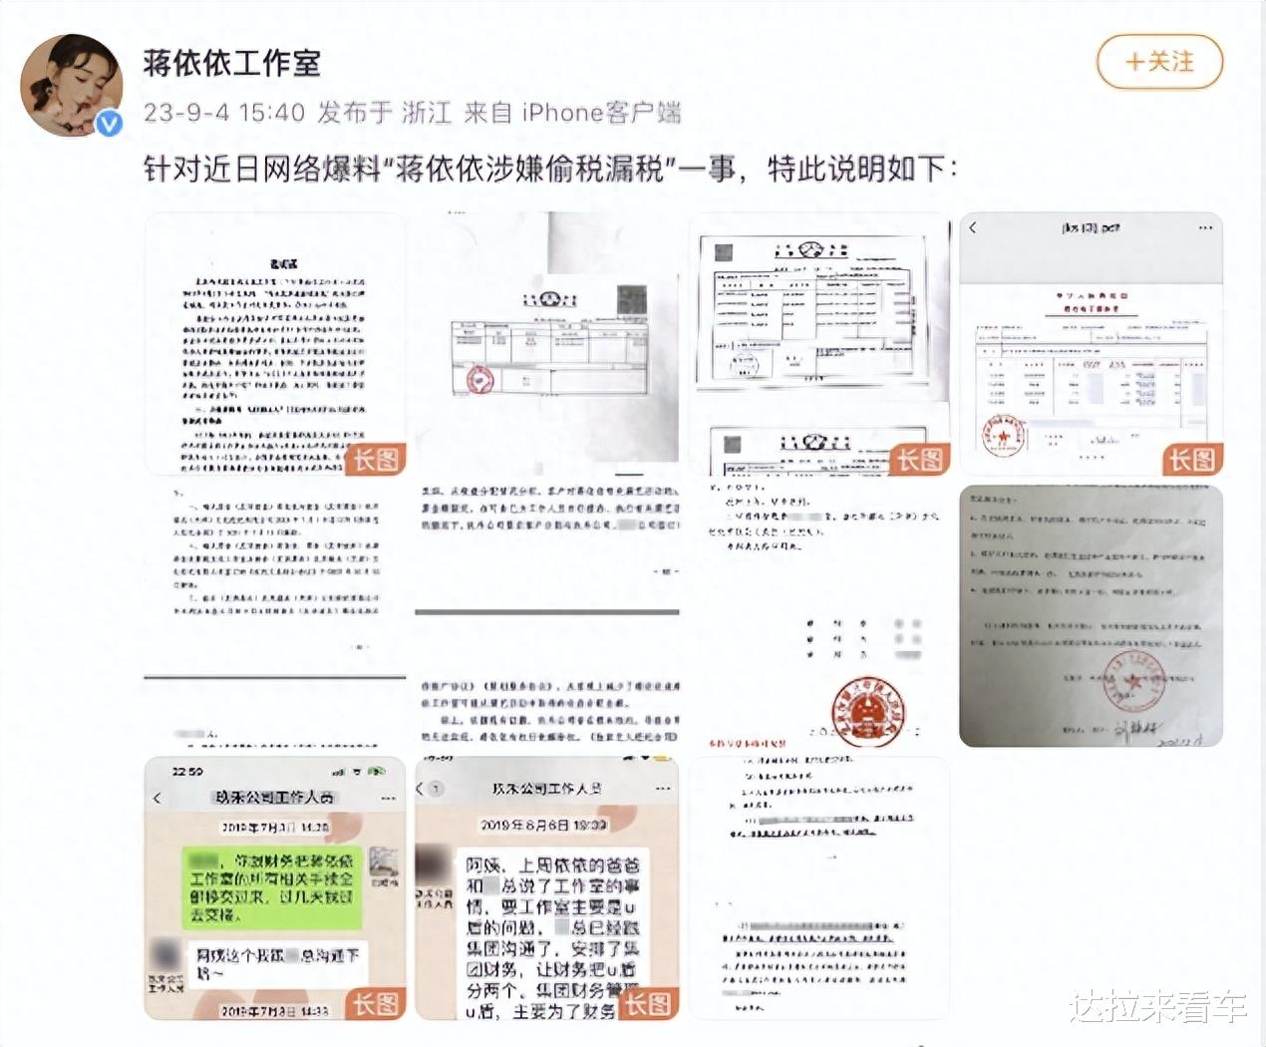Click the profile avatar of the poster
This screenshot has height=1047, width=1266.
coord(71,85)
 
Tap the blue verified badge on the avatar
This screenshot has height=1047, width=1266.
coord(109,123)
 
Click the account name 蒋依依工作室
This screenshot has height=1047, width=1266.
coord(231,63)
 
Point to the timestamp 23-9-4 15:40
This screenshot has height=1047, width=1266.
coord(223,112)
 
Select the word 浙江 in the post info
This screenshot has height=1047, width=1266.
coord(427,112)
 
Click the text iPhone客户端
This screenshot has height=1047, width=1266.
coord(601,112)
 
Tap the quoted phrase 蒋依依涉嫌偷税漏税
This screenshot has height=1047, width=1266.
coord(529,169)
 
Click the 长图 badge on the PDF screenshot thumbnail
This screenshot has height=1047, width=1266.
coord(1191,459)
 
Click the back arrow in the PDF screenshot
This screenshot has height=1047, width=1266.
coord(973,228)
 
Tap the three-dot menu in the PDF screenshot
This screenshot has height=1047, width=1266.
coord(1206,228)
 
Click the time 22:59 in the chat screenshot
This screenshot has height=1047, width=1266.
coord(187,771)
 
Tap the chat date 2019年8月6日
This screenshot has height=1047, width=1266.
coord(543,825)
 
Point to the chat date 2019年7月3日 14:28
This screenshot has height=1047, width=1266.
coord(274,827)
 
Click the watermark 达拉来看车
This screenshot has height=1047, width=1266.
coord(1158,1006)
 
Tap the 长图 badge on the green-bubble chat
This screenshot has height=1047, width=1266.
coord(376,1003)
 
